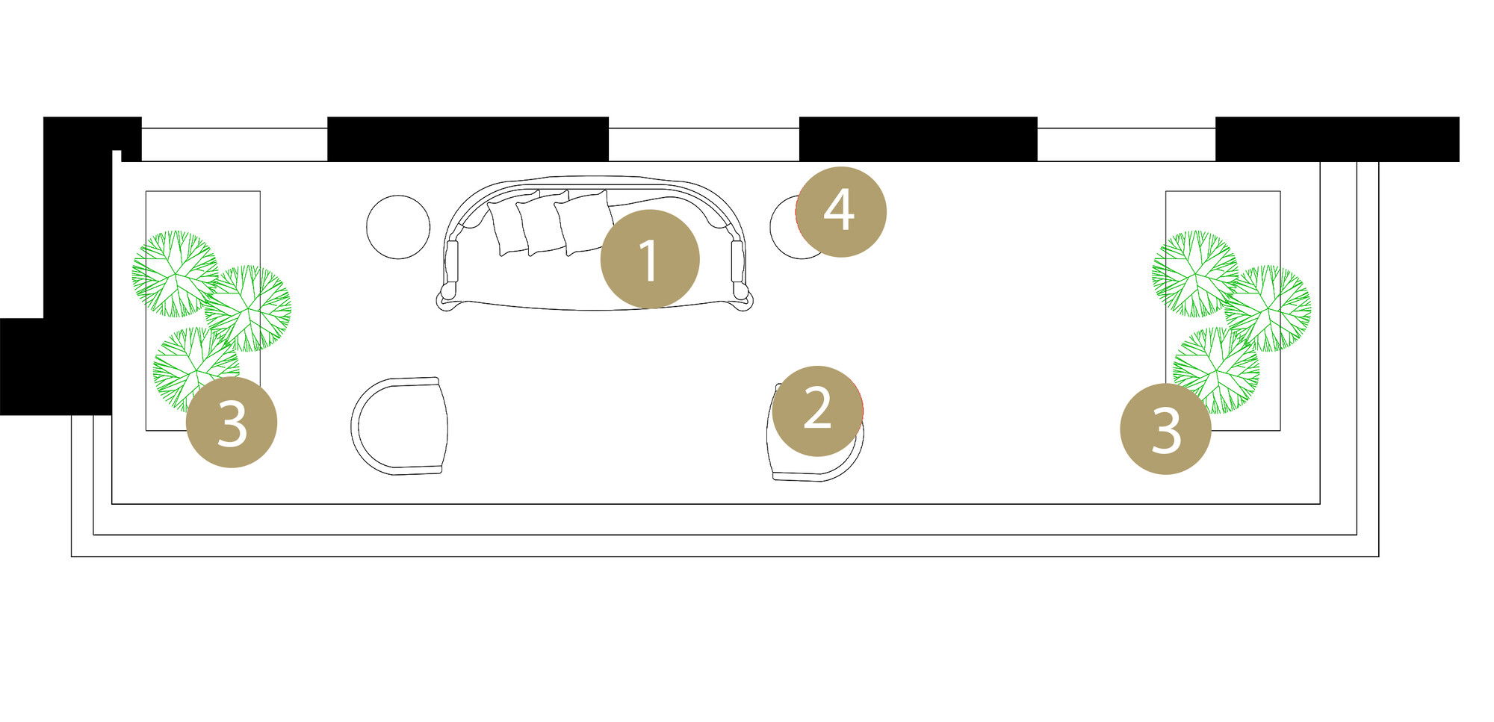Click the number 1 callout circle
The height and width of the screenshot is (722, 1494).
point(650,259)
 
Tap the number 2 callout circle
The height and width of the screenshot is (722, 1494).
point(817,411)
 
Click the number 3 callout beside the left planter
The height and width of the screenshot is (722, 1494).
point(232,423)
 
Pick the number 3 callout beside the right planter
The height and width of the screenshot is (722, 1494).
point(1165,429)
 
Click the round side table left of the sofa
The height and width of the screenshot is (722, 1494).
point(398,227)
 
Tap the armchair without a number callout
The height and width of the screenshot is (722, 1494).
point(400,426)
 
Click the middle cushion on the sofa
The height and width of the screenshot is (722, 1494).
point(544,222)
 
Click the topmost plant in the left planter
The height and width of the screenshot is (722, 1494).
point(176,273)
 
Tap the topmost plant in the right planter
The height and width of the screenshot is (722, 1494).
point(1195,274)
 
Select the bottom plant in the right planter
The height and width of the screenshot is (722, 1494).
point(1216,370)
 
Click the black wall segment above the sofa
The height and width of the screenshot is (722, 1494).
point(468,139)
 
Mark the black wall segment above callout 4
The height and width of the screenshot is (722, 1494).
point(918,139)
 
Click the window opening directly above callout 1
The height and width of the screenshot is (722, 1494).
point(704,145)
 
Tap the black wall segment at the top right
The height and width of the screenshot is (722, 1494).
point(1337,139)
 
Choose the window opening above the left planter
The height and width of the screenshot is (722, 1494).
point(235,145)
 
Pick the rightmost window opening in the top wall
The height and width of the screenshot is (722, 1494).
point(1126,145)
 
